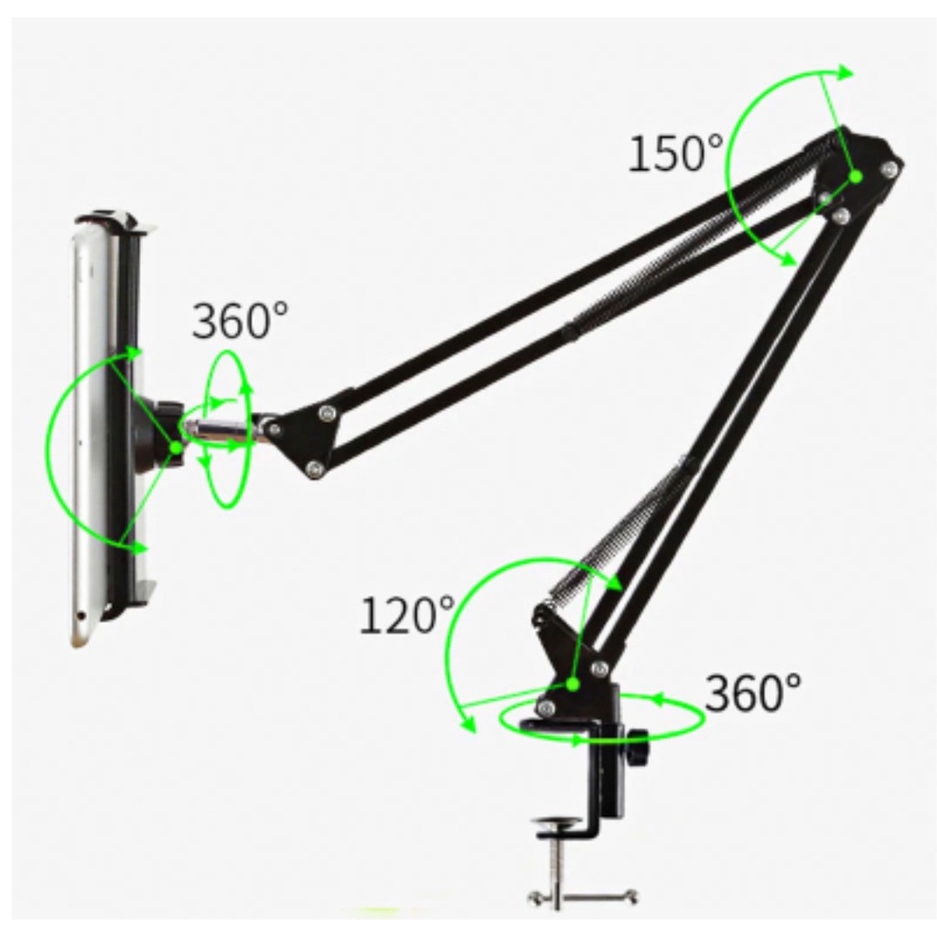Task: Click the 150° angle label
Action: (x=675, y=153)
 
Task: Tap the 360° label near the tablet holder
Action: (x=240, y=320)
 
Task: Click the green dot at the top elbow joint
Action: (x=856, y=177)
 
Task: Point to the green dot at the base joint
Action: (x=573, y=684)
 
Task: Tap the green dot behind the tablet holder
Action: (x=177, y=447)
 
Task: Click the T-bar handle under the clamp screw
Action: (x=583, y=897)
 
